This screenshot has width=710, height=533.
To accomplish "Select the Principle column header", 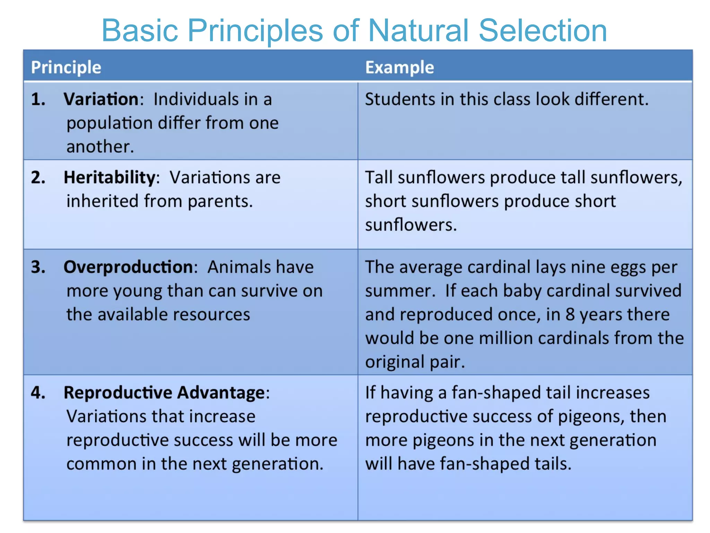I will tap(66, 67).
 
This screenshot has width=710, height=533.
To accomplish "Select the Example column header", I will tap(399, 67).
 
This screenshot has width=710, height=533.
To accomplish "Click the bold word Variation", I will tap(101, 99).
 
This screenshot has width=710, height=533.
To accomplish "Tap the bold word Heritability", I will tap(110, 178).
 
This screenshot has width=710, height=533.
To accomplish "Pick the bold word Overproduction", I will tap(128, 267).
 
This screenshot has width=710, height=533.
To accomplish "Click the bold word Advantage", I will tap(221, 393).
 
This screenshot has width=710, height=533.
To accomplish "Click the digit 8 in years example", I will tap(570, 315).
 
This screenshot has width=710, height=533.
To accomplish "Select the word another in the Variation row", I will tap(100, 147).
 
